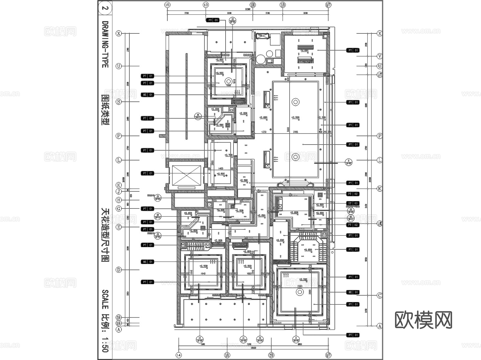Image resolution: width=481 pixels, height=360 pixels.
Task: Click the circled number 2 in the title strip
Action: click(105, 8)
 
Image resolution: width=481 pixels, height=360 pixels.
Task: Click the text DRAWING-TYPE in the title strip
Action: click(105, 44)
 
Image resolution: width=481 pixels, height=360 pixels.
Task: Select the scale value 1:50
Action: click(105, 345)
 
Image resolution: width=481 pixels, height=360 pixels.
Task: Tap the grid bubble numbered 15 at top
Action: click(167, 5)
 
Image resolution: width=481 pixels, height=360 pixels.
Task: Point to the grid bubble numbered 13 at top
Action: click(205, 5)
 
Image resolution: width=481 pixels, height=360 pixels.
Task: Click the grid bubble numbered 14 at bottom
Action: click(179, 355)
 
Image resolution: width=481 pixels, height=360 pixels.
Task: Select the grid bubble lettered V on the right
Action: click(379, 56)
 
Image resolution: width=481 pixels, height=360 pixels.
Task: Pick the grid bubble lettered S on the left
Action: click(119, 102)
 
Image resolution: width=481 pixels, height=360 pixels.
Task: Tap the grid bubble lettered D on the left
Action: click(119, 270)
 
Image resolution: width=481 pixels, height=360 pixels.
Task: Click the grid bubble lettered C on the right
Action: click(379, 295)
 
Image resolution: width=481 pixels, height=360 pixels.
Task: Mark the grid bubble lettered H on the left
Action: click(119, 200)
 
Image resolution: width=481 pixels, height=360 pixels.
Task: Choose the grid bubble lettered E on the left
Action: click(119, 227)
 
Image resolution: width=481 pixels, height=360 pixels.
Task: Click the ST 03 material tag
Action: click(353, 203)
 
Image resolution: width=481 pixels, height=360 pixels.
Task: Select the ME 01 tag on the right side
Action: click(353, 292)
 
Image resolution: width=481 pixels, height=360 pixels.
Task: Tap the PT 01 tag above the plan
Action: click(213, 20)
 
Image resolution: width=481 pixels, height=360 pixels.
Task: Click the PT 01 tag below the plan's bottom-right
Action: click(353, 335)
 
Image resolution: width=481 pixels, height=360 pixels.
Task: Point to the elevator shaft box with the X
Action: click(186, 175)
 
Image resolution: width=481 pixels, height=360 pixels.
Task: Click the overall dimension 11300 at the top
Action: click(248, 9)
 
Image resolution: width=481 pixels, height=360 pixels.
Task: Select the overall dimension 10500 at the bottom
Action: click(253, 348)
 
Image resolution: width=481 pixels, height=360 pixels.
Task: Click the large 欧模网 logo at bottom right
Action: click(423, 320)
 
